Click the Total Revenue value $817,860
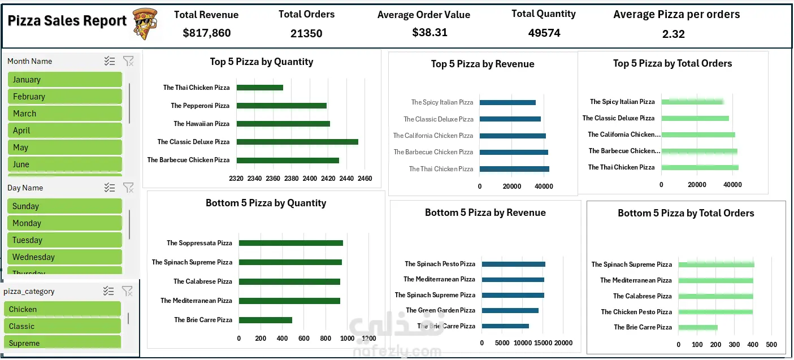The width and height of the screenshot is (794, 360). tap(207, 33)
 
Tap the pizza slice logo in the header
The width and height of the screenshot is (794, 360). tap(145, 23)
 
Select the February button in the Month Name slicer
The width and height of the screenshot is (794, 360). tap(65, 97)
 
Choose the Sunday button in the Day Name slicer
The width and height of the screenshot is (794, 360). tap(65, 206)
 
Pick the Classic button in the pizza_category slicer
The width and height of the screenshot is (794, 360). tap(63, 326)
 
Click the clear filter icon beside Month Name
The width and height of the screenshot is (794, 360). tap(128, 61)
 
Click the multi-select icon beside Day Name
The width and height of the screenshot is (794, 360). tap(110, 188)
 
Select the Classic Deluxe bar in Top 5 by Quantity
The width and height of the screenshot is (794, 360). tap(297, 142)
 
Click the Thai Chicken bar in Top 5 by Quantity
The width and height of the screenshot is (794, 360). tap(259, 88)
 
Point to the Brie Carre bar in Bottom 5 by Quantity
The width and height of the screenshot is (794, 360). tap(265, 320)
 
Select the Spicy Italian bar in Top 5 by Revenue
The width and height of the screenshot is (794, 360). tap(507, 102)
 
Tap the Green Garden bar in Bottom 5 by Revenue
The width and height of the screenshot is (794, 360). tap(510, 310)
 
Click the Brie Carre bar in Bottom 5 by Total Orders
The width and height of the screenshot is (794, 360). tap(698, 327)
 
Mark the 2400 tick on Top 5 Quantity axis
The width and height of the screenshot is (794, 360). tap(310, 179)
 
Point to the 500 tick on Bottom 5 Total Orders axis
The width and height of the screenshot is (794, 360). tap(771, 344)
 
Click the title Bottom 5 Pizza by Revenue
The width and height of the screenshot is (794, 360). tap(485, 212)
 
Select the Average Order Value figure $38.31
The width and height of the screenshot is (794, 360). tap(429, 33)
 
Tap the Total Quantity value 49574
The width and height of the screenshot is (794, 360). tap(544, 33)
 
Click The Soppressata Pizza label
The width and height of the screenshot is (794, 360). tap(199, 243)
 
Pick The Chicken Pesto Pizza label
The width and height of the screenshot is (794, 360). tap(636, 312)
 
